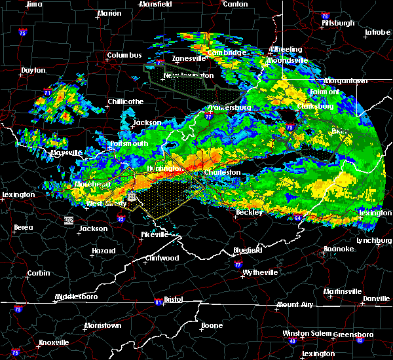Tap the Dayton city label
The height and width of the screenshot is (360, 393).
33,70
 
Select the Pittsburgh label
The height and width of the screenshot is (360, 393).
338,23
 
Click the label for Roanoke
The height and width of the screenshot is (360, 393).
339,249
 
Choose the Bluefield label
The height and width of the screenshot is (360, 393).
248,250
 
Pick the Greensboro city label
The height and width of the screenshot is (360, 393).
353,334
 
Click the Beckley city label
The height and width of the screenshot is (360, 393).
249,212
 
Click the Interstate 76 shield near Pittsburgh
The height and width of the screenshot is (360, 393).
325,16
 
